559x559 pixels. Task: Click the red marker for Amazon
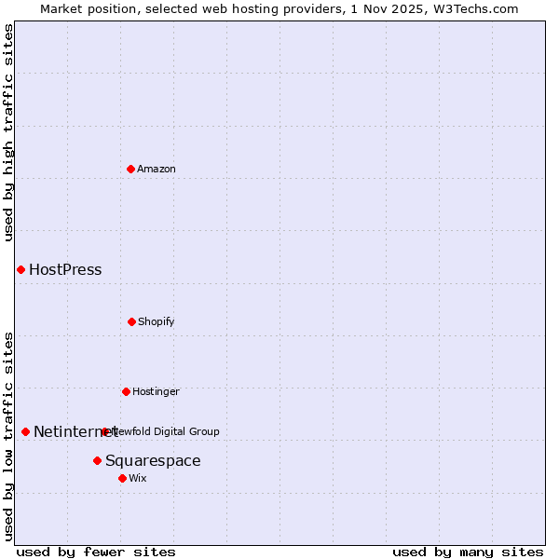pos(131,169)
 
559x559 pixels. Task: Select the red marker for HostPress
pos(20,269)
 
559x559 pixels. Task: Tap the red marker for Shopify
pos(131,321)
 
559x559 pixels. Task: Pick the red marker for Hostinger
pos(126,391)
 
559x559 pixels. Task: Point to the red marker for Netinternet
pos(25,431)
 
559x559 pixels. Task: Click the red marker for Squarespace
pos(97,460)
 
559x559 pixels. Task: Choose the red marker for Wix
pos(122,478)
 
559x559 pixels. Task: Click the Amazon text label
pos(157,169)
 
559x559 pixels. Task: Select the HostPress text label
pos(65,270)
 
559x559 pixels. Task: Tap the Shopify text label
pos(157,321)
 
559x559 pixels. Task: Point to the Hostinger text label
pos(156,391)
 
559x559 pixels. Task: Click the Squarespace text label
pos(153,461)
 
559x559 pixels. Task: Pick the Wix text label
pos(138,478)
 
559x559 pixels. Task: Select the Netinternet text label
pos(69,432)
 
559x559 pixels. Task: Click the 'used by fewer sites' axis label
pos(96,552)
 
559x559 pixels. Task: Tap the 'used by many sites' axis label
pos(468,552)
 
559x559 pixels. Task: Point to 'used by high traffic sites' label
pos(9,132)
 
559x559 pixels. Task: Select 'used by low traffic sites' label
pos(9,436)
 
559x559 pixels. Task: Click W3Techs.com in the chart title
pos(473,8)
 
